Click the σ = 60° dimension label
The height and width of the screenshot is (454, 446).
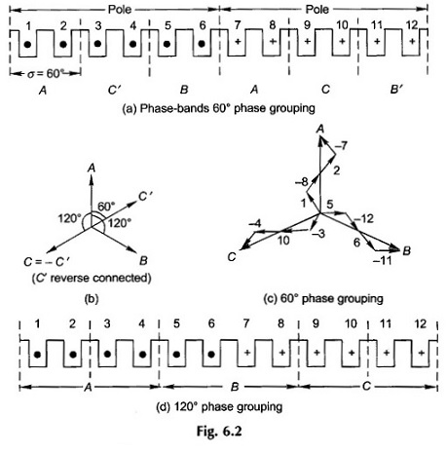pyautogui.click(x=44, y=73)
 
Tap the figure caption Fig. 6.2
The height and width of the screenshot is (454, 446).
pyautogui.click(x=219, y=432)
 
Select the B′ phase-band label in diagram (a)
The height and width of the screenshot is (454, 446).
pyautogui.click(x=396, y=90)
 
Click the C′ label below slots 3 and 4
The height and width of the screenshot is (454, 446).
pyautogui.click(x=115, y=90)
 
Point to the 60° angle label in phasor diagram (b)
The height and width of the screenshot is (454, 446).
pyautogui.click(x=106, y=206)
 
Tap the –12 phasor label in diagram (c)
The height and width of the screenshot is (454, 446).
pyautogui.click(x=364, y=219)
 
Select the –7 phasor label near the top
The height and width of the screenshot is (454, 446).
pyautogui.click(x=341, y=146)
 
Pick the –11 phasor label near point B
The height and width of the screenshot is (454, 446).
pyautogui.click(x=383, y=260)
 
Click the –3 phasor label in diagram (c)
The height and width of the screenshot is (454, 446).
pyautogui.click(x=317, y=234)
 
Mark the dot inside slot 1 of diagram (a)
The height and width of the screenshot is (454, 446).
pyautogui.click(x=28, y=44)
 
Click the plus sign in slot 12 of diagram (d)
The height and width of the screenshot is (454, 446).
pyautogui.click(x=421, y=353)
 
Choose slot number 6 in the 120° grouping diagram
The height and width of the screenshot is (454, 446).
pyautogui.click(x=211, y=323)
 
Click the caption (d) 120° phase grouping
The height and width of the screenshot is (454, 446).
pyautogui.click(x=219, y=406)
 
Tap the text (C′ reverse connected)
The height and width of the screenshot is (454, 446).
pyautogui.click(x=92, y=278)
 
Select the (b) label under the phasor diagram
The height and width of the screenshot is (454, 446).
pyautogui.click(x=92, y=299)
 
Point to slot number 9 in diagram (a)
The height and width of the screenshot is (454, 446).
pyautogui.click(x=307, y=24)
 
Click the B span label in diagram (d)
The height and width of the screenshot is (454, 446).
pyautogui.click(x=235, y=387)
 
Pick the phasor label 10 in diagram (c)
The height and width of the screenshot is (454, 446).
pyautogui.click(x=283, y=241)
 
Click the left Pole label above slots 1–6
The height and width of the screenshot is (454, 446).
pyautogui.click(x=120, y=9)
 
